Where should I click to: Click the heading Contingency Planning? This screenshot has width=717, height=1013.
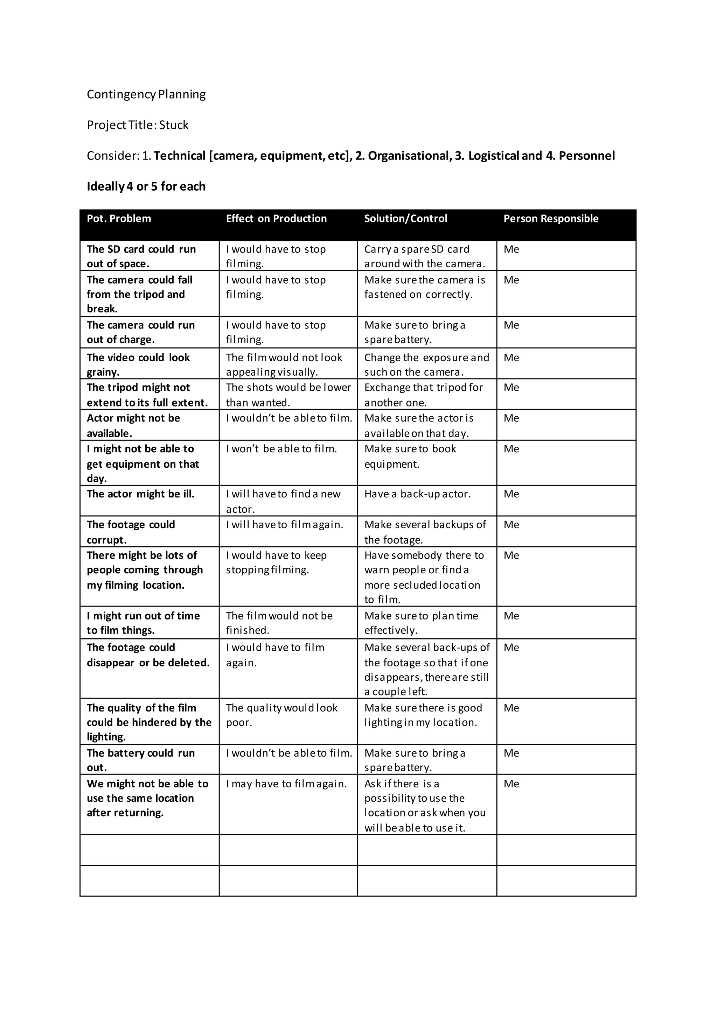click(x=146, y=94)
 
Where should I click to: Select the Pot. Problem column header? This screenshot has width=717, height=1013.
click(x=119, y=219)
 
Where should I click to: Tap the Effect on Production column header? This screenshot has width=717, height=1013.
click(x=276, y=219)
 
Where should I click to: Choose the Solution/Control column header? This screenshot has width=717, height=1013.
click(x=405, y=219)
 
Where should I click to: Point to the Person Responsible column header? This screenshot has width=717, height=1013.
click(x=551, y=219)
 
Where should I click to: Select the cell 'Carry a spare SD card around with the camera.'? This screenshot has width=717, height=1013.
click(x=424, y=256)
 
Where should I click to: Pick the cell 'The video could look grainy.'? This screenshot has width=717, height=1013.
click(x=138, y=364)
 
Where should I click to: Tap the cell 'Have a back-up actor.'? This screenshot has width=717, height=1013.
click(x=417, y=494)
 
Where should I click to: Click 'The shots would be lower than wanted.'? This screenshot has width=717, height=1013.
click(x=288, y=395)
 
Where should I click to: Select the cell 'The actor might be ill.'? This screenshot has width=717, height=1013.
click(x=140, y=494)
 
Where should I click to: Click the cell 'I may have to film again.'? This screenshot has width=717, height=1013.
click(x=286, y=784)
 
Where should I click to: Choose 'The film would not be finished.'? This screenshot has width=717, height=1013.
click(x=279, y=623)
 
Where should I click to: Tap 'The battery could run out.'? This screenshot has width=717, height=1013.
click(x=140, y=760)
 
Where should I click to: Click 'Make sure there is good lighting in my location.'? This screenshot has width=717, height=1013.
click(x=423, y=715)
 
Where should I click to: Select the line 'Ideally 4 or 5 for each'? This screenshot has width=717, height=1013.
click(x=146, y=187)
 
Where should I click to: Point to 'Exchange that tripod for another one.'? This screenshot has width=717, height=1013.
click(x=423, y=395)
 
